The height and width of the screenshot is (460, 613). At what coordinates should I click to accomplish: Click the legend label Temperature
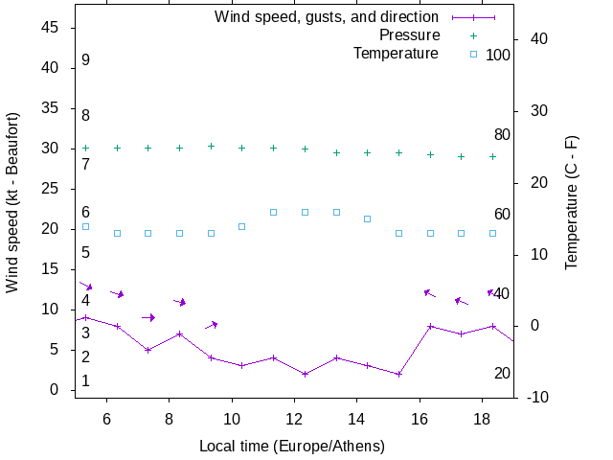(396, 54)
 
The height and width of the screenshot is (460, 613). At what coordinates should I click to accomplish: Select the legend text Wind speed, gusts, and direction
(327, 17)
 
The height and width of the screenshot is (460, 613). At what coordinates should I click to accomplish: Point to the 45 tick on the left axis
(52, 28)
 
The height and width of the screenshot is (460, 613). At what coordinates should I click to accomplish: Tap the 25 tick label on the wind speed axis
(52, 189)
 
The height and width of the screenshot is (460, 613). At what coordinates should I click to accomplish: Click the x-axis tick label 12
(294, 419)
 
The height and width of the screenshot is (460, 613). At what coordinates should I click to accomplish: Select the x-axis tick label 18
(482, 419)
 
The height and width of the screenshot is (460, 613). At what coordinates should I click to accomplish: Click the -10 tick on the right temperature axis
(537, 398)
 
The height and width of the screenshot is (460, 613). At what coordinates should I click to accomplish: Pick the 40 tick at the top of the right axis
(537, 39)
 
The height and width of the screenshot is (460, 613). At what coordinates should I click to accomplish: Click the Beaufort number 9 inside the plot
(85, 60)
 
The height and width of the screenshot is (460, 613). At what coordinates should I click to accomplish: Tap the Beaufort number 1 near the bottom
(85, 381)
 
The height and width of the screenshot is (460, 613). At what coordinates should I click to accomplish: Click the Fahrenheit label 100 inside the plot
(498, 56)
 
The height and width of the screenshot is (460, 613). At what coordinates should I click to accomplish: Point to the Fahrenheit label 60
(502, 215)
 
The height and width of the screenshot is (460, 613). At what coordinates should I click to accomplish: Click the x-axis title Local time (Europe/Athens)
(292, 447)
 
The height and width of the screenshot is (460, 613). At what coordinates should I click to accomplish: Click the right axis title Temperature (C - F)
(572, 203)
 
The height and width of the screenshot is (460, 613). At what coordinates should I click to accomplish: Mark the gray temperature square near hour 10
(241, 226)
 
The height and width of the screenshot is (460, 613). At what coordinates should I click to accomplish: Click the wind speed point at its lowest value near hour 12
(305, 374)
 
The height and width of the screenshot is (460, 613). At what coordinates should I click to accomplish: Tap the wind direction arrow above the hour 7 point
(148, 317)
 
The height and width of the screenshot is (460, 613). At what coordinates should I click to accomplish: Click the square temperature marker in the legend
(473, 54)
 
